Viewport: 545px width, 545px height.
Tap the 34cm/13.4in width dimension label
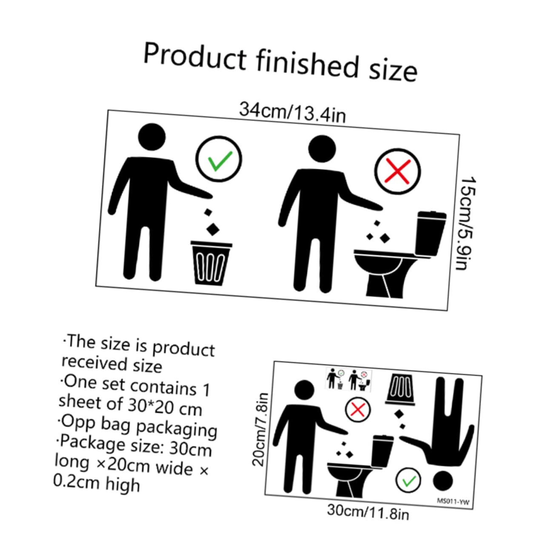(292, 112)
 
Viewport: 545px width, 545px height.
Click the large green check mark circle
(219, 160)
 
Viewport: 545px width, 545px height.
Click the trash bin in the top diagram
(211, 263)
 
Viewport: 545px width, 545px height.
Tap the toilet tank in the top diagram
(431, 233)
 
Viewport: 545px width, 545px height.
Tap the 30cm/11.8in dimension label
(368, 511)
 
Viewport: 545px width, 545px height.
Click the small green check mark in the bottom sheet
(408, 481)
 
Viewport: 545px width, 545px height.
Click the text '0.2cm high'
(97, 483)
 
